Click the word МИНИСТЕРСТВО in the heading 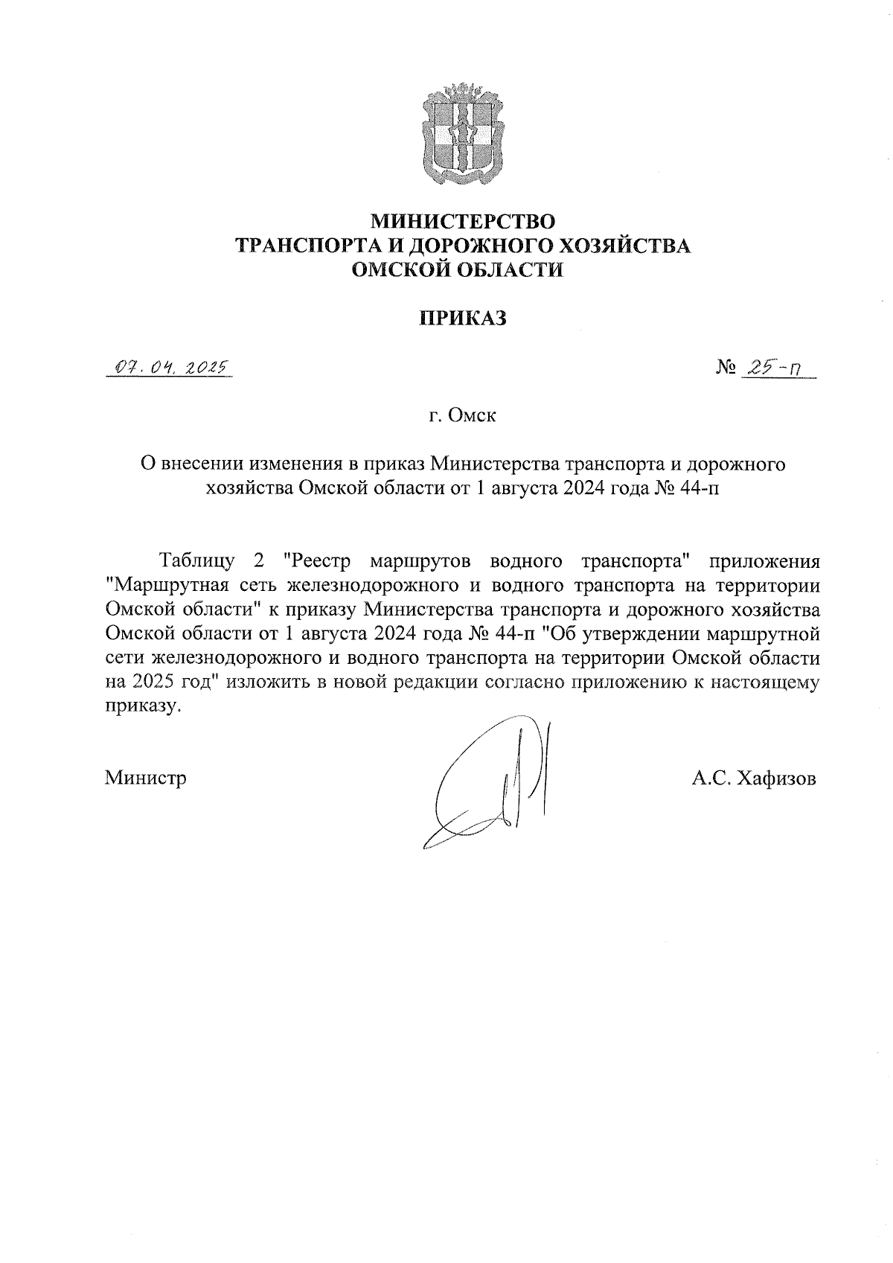click(x=463, y=221)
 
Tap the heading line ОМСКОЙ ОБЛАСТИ click(x=463, y=269)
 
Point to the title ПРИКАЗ click(x=463, y=319)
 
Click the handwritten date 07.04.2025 click(x=170, y=368)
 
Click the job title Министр click(x=146, y=778)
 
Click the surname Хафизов click(x=777, y=778)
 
